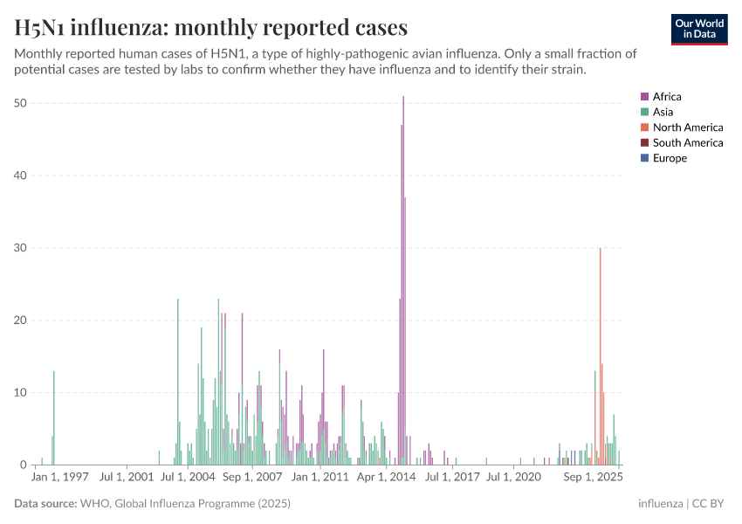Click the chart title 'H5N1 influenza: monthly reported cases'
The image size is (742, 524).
click(210, 27)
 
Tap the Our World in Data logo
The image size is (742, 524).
click(698, 29)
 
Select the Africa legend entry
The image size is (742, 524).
click(666, 97)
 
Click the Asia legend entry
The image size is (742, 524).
click(663, 112)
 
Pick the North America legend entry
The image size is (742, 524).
click(687, 128)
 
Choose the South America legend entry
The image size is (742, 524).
click(687, 142)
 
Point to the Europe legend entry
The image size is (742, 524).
click(670, 158)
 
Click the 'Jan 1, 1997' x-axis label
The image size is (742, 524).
click(59, 478)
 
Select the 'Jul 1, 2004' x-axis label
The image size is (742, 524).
click(189, 478)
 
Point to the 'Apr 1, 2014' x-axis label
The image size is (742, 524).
click(387, 478)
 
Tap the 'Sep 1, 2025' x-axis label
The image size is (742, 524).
click(592, 478)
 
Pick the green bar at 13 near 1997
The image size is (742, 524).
click(54, 419)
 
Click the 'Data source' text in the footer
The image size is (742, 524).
click(45, 504)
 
